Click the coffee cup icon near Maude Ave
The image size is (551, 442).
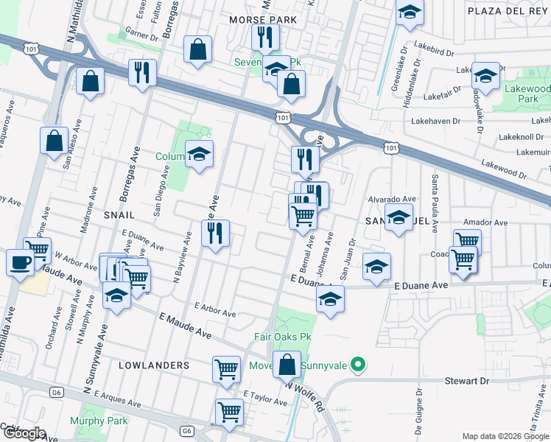point(19,262)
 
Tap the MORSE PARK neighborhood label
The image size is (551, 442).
point(263,19)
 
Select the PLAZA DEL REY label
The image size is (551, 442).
point(508,12)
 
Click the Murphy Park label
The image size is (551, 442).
point(98,421)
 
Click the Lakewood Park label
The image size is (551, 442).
point(529,94)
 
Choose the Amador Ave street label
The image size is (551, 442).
point(485,222)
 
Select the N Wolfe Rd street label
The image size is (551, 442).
point(305,395)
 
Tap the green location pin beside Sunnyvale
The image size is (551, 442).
point(358,364)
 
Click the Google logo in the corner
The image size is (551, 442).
point(24,432)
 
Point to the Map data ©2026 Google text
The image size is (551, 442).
point(505,436)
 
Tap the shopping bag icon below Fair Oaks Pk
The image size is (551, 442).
point(287,365)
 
